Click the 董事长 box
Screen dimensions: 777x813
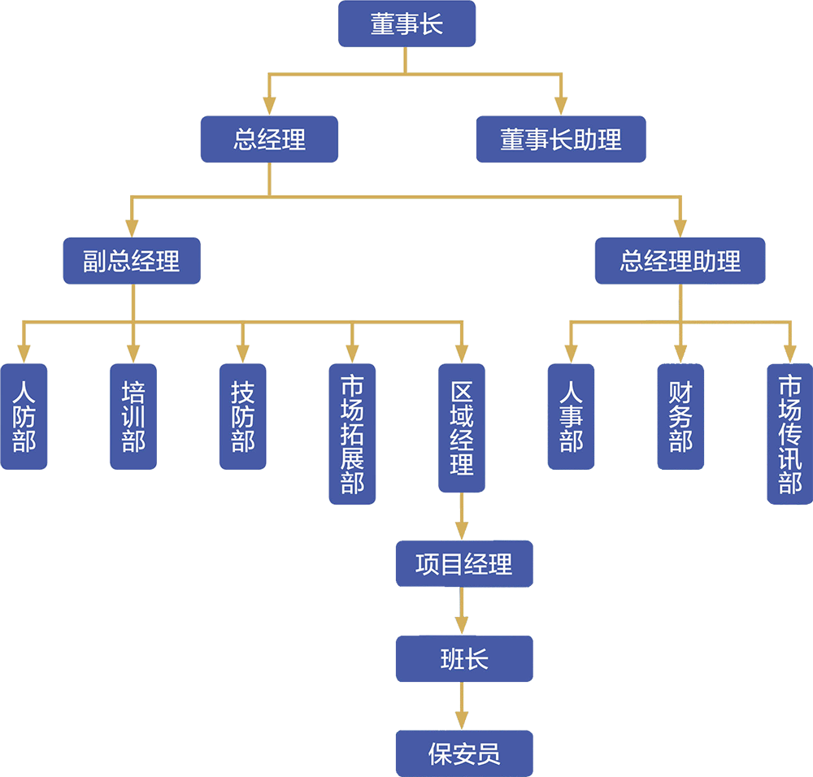406,24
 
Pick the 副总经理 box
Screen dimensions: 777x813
132,261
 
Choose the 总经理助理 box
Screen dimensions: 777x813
680,261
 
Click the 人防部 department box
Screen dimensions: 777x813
24,416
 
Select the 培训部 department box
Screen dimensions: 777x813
133,416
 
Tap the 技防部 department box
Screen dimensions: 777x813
242,416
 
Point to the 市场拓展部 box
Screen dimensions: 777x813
352,433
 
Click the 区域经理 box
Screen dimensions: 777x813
462,428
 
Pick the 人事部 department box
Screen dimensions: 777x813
572,416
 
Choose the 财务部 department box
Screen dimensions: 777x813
680,416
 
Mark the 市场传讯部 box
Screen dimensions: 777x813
790,433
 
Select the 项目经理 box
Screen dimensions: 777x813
463,564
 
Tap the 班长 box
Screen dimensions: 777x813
463,658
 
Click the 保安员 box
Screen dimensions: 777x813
463,753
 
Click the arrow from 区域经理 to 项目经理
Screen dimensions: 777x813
462,519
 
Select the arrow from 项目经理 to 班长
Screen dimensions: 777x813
462,611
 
